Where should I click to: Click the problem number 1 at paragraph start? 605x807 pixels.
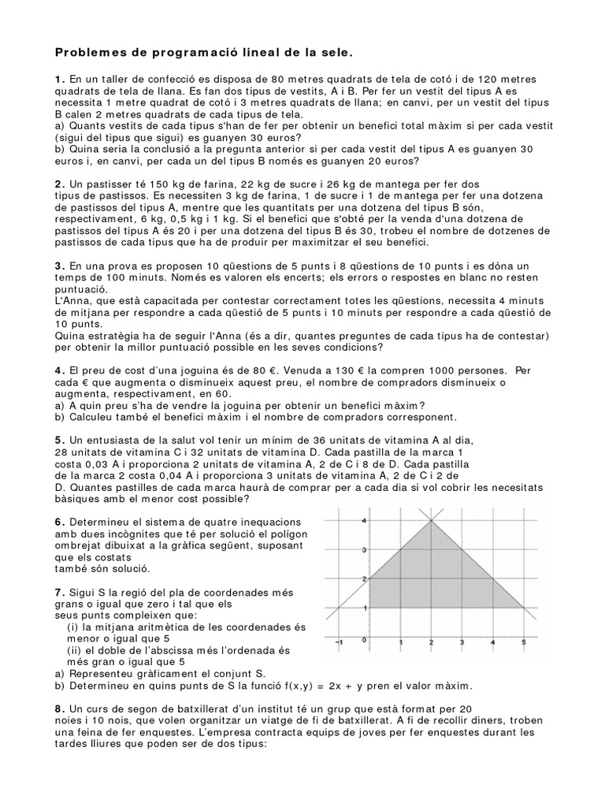point(58,79)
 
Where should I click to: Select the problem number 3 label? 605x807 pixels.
point(58,266)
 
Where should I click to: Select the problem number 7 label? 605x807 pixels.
point(58,591)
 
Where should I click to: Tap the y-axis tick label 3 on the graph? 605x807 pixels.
point(364,550)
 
